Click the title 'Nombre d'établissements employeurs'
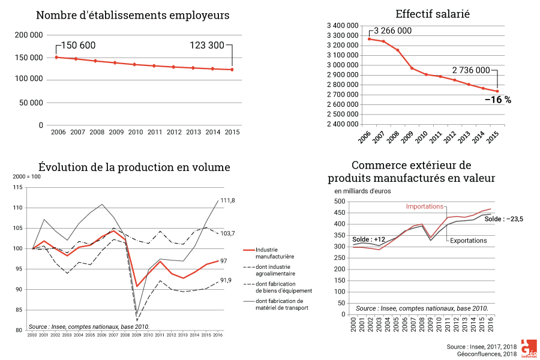pyautogui.click(x=133, y=15)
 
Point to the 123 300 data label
pyautogui.click(x=207, y=46)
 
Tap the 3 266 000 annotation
pyautogui.click(x=392, y=31)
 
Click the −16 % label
pyautogui.click(x=497, y=100)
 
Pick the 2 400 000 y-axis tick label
pyautogui.click(x=343, y=124)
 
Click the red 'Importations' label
pyautogui.click(x=424, y=206)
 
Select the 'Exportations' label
pyautogui.click(x=469, y=240)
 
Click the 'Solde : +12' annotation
pyautogui.click(x=368, y=239)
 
